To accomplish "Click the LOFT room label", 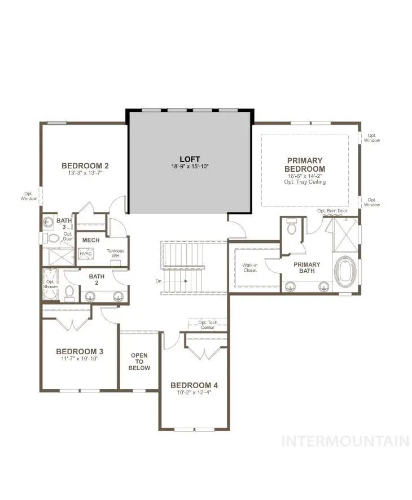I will pos(190,159).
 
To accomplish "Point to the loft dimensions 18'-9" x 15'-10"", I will pos(190,167).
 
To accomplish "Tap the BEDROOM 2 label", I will pos(85,166).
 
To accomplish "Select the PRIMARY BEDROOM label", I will pos(305,164).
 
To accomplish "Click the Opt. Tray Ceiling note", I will pos(305,182).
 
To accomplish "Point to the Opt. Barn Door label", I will pos(332,211).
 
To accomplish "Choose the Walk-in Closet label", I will pos(249,267).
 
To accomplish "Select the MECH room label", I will pos(91,240).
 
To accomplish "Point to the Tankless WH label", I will pos(117,254).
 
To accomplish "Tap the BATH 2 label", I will pos(97,280).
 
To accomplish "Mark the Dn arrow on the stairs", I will pos(181,280).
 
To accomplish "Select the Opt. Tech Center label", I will pos(208,325).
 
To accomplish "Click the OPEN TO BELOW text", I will pos(139,362).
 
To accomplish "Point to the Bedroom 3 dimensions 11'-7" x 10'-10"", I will pos(78,358).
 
